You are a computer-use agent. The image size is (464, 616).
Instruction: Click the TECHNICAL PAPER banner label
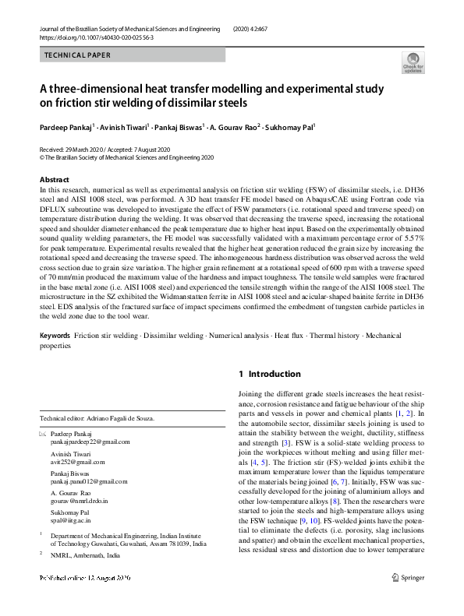click(x=77, y=55)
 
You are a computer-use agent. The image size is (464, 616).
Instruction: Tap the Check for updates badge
click(x=413, y=62)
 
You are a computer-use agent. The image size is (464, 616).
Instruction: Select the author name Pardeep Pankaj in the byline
click(x=69, y=126)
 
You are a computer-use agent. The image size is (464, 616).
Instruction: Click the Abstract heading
click(x=55, y=180)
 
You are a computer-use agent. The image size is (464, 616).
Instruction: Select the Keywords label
click(x=55, y=335)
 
